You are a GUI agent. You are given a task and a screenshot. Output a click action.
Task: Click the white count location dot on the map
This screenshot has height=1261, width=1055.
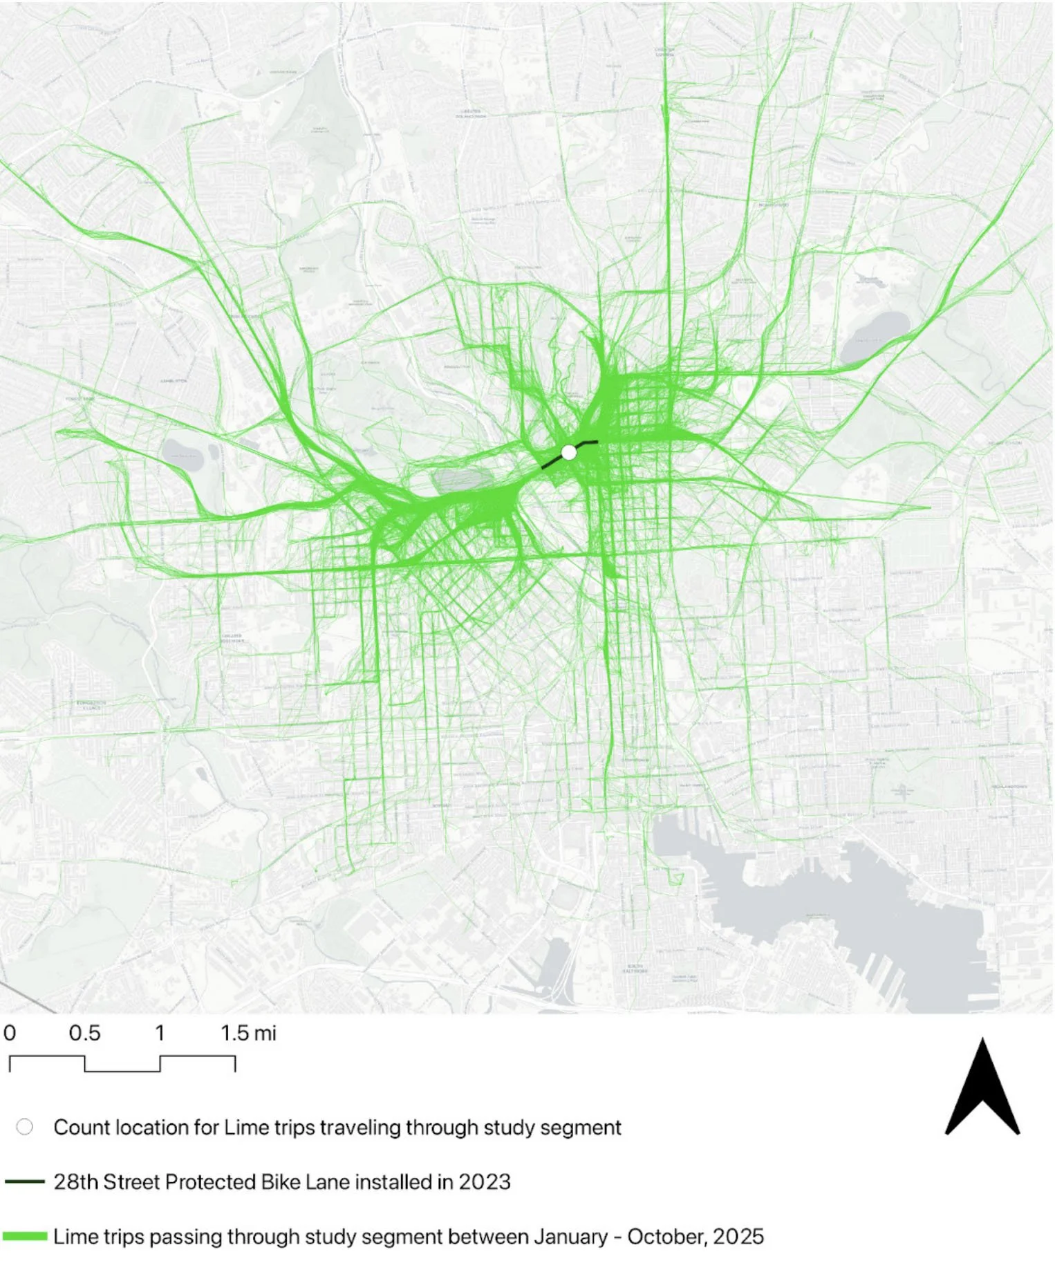click(568, 452)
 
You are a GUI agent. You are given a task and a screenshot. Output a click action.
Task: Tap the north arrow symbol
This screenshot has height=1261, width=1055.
click(982, 1090)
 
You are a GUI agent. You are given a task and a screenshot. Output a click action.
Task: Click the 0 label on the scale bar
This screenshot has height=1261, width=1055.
click(10, 1034)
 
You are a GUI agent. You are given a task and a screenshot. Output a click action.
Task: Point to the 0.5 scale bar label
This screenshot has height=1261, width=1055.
click(84, 1034)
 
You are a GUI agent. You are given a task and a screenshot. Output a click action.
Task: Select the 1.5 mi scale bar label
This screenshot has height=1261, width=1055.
click(248, 1034)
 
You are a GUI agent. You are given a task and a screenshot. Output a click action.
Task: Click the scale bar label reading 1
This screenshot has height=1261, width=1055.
click(160, 1034)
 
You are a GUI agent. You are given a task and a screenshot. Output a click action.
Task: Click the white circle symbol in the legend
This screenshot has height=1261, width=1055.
click(25, 1128)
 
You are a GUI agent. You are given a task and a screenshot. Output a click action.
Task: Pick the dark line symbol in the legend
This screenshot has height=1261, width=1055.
click(25, 1182)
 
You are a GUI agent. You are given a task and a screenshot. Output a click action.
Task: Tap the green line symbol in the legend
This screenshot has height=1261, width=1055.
click(25, 1236)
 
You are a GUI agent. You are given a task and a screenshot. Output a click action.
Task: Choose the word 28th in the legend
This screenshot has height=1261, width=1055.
click(76, 1182)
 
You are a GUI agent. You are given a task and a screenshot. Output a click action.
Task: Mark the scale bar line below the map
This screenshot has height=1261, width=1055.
click(122, 1064)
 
